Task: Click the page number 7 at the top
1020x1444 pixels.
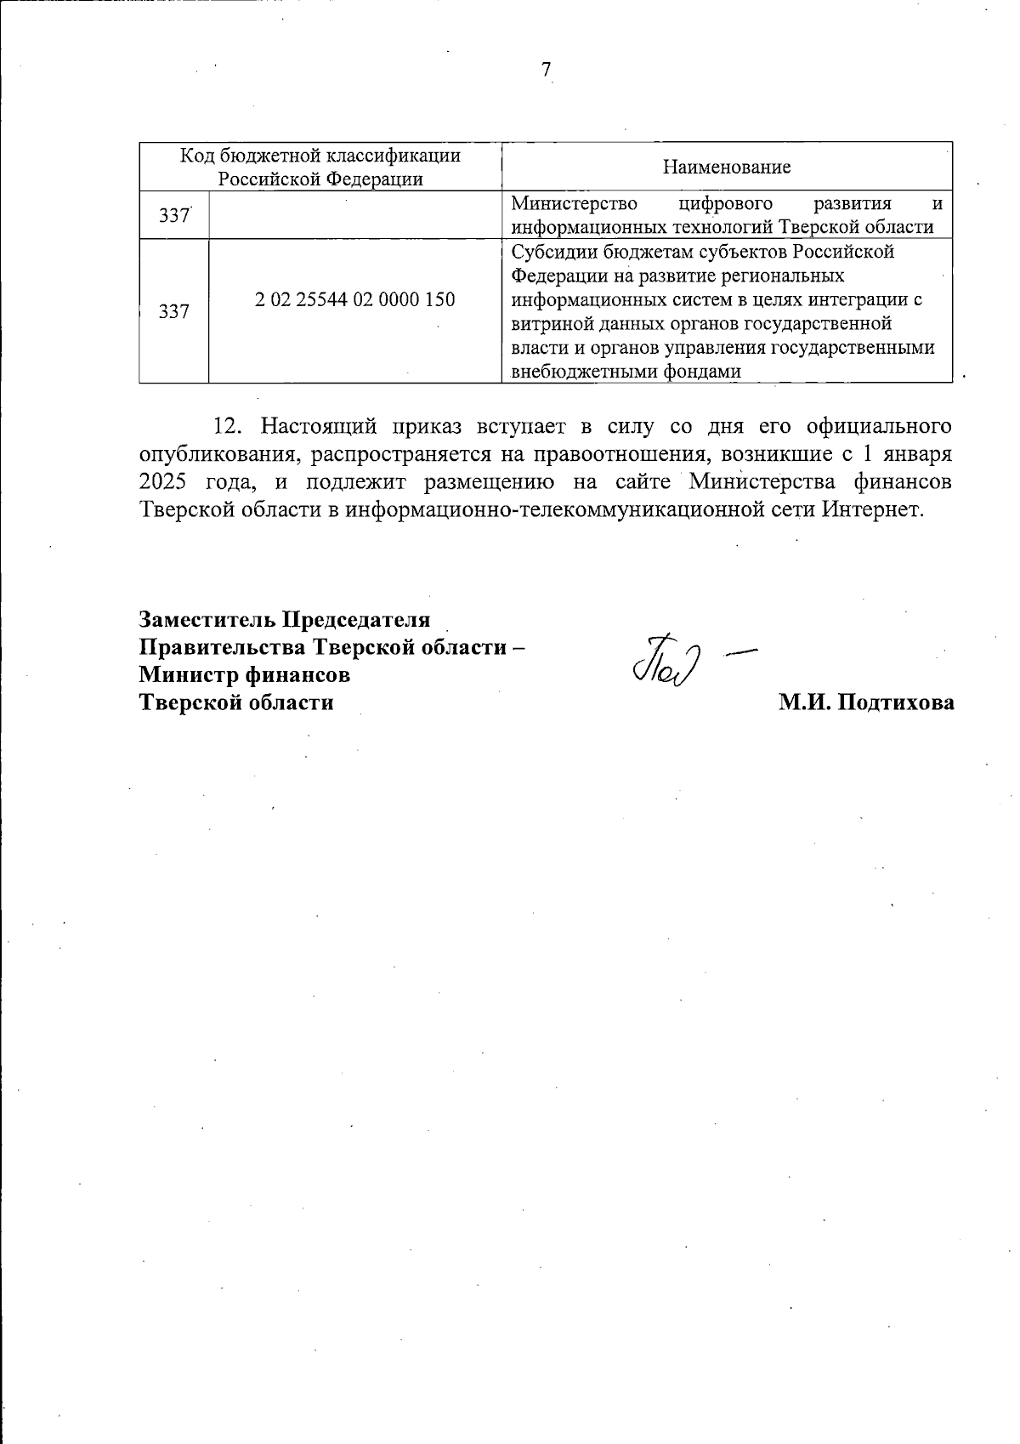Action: coord(547,70)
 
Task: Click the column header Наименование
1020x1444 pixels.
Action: coord(726,167)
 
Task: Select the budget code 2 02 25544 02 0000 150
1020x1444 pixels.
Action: coord(354,299)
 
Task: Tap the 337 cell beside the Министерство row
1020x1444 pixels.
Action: coord(173,216)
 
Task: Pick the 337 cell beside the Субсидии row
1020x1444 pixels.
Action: coord(173,312)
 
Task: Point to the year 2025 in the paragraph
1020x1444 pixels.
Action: coord(162,482)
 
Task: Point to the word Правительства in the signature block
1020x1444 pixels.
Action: coord(223,647)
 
